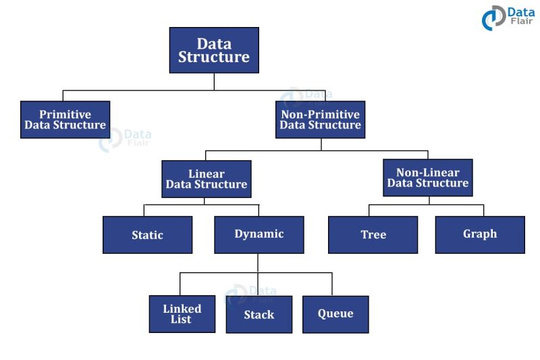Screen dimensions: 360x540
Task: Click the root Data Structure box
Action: coord(214,50)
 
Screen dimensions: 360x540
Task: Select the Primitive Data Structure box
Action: coord(65,120)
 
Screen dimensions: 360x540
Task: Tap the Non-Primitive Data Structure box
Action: coord(320,120)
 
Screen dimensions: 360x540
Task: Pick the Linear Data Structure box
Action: coord(207,179)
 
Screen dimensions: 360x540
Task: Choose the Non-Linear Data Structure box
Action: coord(427,178)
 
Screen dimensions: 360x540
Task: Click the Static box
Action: coord(147,235)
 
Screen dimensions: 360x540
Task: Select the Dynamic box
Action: coord(259,234)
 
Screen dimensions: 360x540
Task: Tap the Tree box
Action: coord(373,235)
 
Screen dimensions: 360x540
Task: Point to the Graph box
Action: coord(480,234)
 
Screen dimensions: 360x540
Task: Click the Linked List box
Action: coord(182,314)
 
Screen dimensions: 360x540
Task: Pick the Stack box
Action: coord(259,314)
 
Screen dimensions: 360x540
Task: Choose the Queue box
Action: coord(335,314)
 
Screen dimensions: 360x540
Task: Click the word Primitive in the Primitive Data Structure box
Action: coord(65,114)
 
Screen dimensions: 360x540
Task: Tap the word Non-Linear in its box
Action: coord(428,172)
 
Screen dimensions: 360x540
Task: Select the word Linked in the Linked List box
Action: coord(182,309)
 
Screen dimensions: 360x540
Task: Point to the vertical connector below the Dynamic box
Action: coord(259,263)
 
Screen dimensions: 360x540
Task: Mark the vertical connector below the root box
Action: coord(214,81)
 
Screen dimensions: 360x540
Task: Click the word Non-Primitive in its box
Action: coord(320,114)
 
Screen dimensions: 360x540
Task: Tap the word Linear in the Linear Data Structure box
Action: coord(207,174)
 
